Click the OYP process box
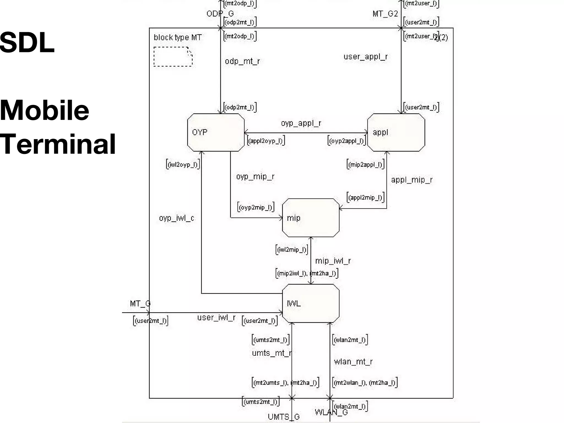click(216, 132)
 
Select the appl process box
click(396, 132)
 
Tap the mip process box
click(311, 218)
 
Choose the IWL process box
click(311, 303)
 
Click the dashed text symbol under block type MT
click(173, 57)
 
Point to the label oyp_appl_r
click(301, 123)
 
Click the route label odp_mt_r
click(242, 61)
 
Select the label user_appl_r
click(365, 57)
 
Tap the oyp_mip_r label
click(255, 177)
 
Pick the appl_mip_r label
click(412, 180)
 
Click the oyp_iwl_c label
click(177, 218)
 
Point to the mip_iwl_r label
click(333, 261)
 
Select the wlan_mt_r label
click(353, 362)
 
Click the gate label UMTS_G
click(284, 417)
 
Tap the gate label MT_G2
click(385, 14)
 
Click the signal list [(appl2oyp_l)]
click(266, 141)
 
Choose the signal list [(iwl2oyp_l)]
click(183, 165)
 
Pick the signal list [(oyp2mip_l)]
click(256, 207)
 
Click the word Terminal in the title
click(58, 144)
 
